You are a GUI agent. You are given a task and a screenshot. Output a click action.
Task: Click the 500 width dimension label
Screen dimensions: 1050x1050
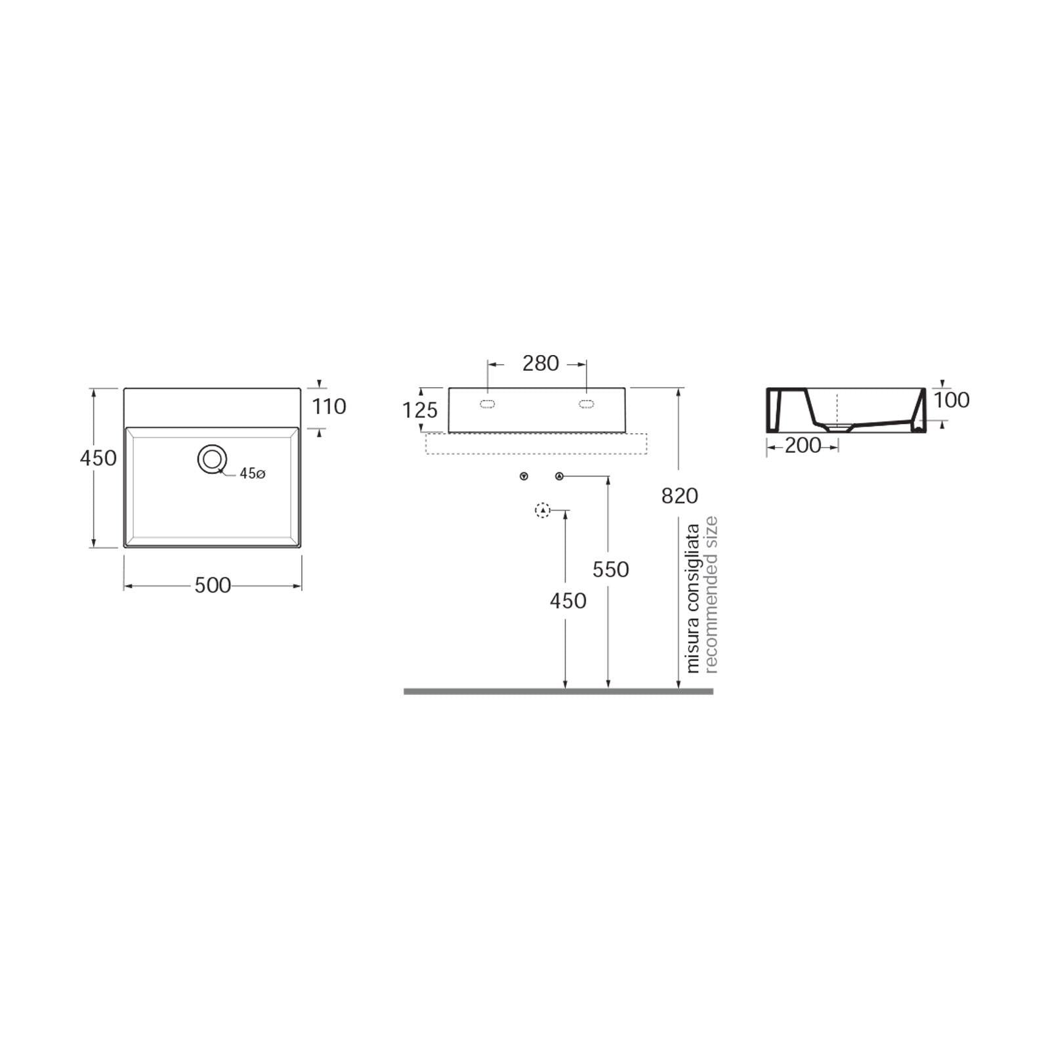213,585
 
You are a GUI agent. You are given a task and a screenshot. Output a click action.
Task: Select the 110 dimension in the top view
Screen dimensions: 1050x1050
329,407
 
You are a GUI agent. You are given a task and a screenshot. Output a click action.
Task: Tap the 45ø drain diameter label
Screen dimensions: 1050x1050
253,473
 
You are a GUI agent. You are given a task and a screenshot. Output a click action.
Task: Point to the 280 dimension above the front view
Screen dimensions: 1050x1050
541,363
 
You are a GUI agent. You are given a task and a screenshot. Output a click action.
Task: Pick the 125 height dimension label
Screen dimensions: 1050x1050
420,410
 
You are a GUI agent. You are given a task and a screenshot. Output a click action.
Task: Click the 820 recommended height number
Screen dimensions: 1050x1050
680,496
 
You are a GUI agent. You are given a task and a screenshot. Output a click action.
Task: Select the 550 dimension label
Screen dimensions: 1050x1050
610,570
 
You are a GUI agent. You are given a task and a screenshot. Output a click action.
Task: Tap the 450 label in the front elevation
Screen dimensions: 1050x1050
568,601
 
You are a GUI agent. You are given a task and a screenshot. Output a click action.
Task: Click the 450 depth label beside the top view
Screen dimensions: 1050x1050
98,457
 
